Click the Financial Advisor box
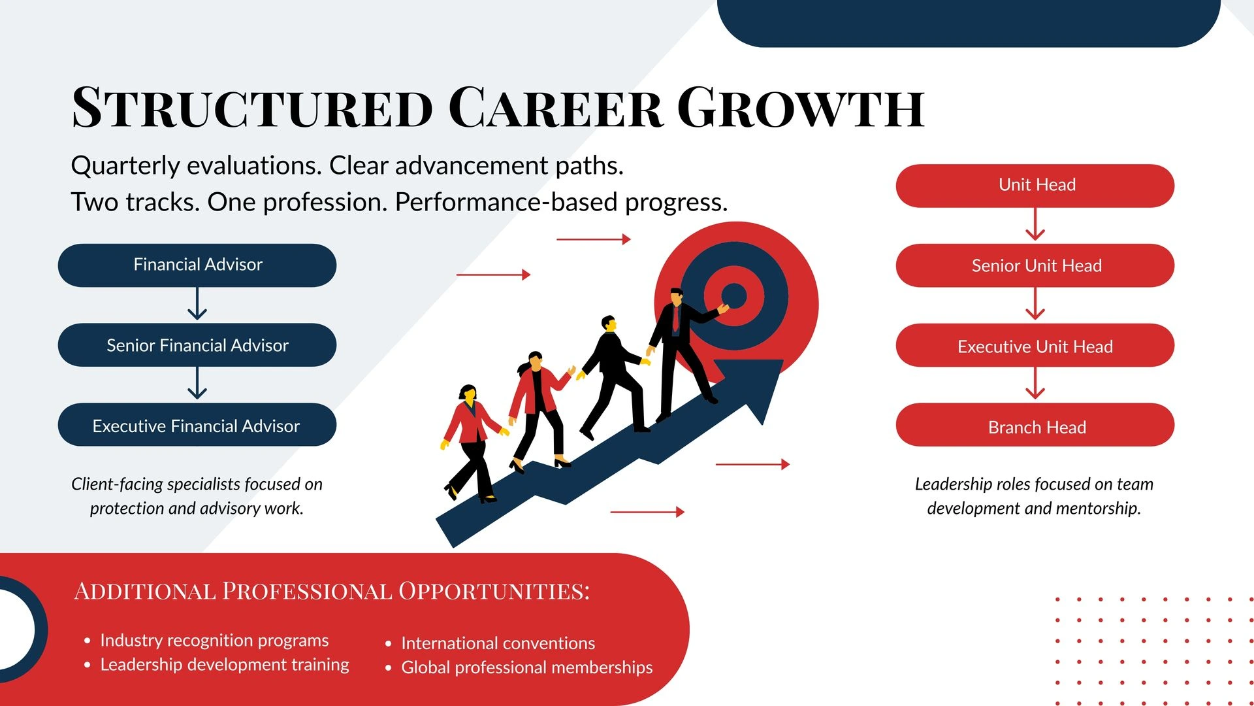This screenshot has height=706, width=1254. point(197,265)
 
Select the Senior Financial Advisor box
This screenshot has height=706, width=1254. point(197,345)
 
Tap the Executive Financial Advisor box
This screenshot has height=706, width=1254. point(197,425)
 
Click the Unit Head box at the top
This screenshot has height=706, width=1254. point(1035,186)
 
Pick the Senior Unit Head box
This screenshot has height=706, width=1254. point(1035,265)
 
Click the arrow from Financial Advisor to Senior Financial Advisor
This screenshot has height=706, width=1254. point(197,304)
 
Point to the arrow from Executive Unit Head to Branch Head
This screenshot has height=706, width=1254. point(1035,384)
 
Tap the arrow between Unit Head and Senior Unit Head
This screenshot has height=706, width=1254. point(1035,224)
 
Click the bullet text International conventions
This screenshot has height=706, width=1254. point(498,643)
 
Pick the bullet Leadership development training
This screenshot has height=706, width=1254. point(225,665)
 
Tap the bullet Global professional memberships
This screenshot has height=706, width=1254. point(526,667)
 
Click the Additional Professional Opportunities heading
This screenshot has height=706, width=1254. point(332,591)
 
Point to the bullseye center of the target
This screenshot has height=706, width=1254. point(734,296)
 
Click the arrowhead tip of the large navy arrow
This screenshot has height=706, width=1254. point(783,361)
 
